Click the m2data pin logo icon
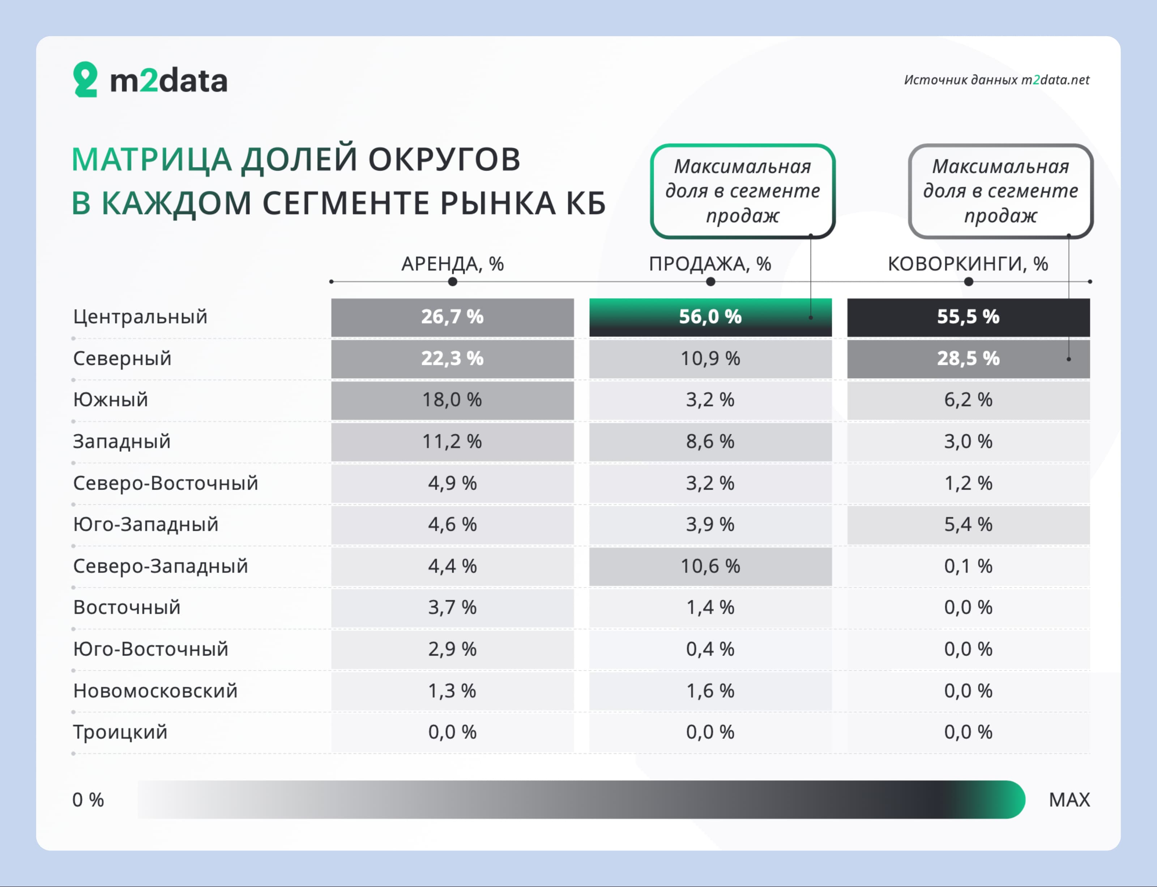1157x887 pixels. (85, 79)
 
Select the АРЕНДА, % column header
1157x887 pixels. (452, 264)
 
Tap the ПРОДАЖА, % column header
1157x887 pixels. (710, 264)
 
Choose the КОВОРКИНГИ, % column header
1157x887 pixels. (968, 264)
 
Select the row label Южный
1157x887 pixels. (110, 400)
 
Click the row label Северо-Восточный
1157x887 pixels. (166, 483)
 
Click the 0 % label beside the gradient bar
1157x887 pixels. (88, 800)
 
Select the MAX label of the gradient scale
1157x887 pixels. (1070, 800)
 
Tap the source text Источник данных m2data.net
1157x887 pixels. (996, 80)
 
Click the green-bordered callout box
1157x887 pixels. (743, 191)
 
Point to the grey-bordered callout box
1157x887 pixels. (1001, 191)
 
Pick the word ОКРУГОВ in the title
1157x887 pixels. (444, 159)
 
